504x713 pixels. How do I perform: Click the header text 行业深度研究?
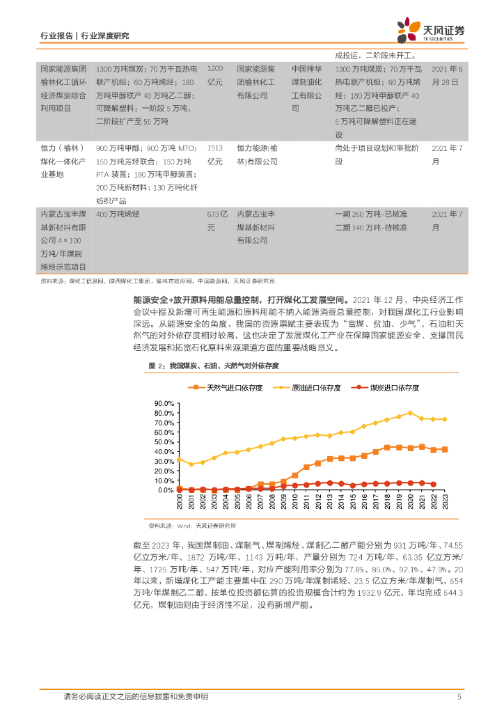point(105,36)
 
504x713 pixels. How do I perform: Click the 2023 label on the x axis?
point(446,502)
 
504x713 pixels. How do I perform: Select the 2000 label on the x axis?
point(180,502)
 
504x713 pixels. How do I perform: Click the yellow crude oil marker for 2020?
point(410,412)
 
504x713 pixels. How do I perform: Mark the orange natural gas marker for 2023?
point(445,449)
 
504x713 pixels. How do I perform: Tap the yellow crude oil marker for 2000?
point(180,459)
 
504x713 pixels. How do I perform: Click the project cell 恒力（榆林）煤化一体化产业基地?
point(63,161)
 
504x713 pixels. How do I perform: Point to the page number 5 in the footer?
point(459,696)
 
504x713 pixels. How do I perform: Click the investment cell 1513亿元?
point(216,155)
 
